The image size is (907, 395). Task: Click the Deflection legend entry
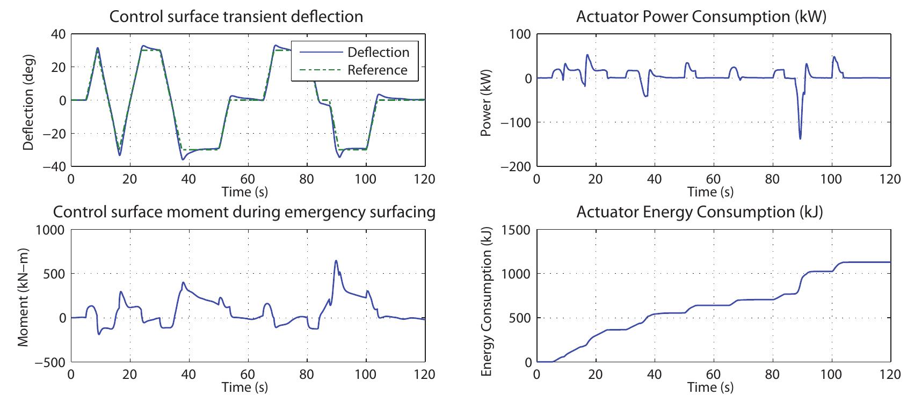[x=378, y=52]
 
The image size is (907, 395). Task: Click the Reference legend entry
[x=377, y=70]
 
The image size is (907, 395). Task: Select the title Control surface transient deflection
[x=236, y=17]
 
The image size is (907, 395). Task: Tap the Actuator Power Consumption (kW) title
[x=701, y=17]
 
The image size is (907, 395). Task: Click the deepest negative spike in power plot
[x=800, y=138]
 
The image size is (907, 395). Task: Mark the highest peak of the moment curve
[x=336, y=261]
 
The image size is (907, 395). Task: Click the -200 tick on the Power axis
[x=515, y=166]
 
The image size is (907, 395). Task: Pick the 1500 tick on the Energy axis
[x=516, y=230]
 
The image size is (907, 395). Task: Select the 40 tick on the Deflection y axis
[x=57, y=34]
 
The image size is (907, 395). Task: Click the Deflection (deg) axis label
[x=29, y=100]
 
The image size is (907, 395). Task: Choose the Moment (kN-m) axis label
[x=24, y=297]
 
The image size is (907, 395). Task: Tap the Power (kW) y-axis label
[x=487, y=100]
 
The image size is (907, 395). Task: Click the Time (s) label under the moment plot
[x=245, y=386]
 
